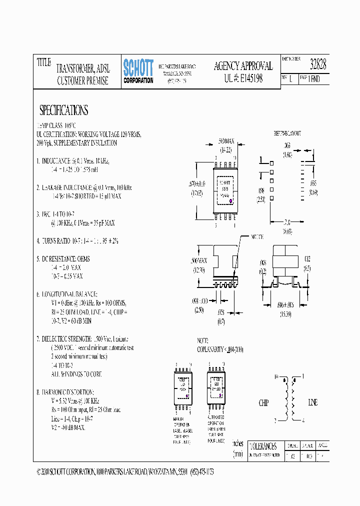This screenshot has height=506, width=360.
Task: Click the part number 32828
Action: click(318, 64)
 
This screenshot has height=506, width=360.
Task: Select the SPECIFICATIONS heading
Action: click(63, 110)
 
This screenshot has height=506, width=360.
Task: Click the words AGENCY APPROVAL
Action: click(243, 66)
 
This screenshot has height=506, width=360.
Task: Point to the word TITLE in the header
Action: click(44, 62)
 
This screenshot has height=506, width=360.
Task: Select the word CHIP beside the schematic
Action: click(263, 402)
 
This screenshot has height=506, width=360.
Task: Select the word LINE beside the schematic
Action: click(312, 402)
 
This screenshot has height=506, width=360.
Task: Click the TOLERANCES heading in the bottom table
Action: click(262, 445)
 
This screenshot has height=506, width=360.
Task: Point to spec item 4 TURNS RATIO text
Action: click(77, 240)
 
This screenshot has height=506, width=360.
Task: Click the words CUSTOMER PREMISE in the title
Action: click(82, 81)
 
